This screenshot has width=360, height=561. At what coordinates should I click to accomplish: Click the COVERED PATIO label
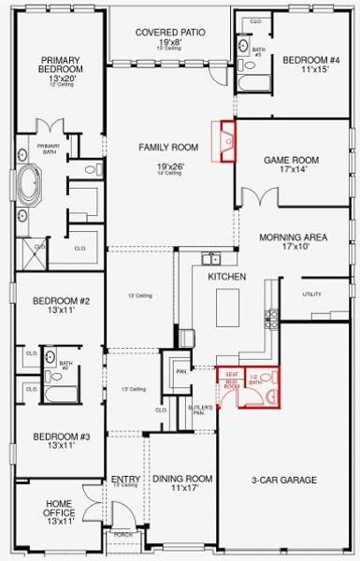[169, 32]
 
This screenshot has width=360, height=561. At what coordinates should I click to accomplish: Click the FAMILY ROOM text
[169, 147]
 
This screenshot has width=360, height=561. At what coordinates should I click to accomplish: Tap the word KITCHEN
[226, 277]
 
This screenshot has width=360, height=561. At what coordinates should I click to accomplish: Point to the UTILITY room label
[311, 295]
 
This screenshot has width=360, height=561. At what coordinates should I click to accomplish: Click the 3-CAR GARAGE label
[284, 480]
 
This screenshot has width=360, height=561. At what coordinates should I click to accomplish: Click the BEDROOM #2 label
[61, 301]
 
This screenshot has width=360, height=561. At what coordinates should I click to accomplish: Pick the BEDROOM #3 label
[61, 437]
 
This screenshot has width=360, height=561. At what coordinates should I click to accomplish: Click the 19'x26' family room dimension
[169, 165]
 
